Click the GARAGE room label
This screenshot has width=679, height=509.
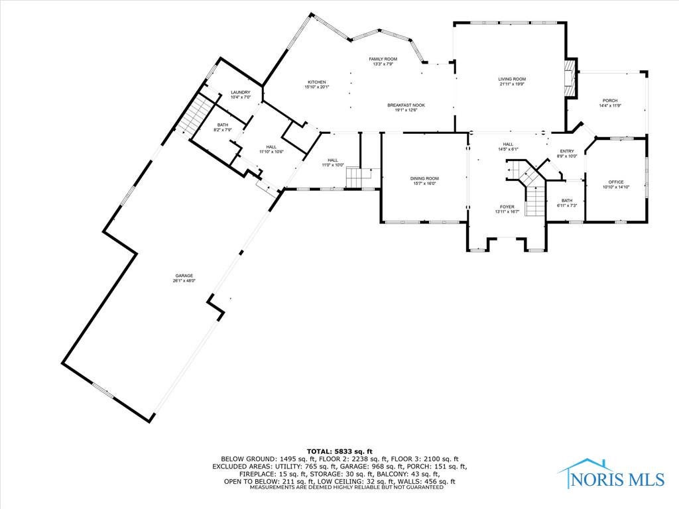pos(184,275)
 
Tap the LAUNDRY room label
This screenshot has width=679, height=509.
pos(240,92)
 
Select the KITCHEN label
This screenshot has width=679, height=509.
pos(316,82)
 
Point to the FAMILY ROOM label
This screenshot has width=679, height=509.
pos(383,59)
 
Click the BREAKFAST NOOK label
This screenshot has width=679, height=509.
pos(406,105)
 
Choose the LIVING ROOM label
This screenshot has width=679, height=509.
pos(512,79)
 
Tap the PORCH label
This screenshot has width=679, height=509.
pos(609,101)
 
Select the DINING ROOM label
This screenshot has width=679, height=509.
pos(424,178)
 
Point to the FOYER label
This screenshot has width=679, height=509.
pos(507,207)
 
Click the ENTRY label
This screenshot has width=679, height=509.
pos(566,151)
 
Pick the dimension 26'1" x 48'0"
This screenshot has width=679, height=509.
pos(184,281)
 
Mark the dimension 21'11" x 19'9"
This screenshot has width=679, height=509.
pos(512,85)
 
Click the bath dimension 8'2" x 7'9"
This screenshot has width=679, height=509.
pos(222,131)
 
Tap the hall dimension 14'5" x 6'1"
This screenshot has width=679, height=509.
pos(508,149)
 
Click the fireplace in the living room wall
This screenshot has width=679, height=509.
pos(569,79)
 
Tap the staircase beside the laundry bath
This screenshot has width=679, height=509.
pos(195,114)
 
